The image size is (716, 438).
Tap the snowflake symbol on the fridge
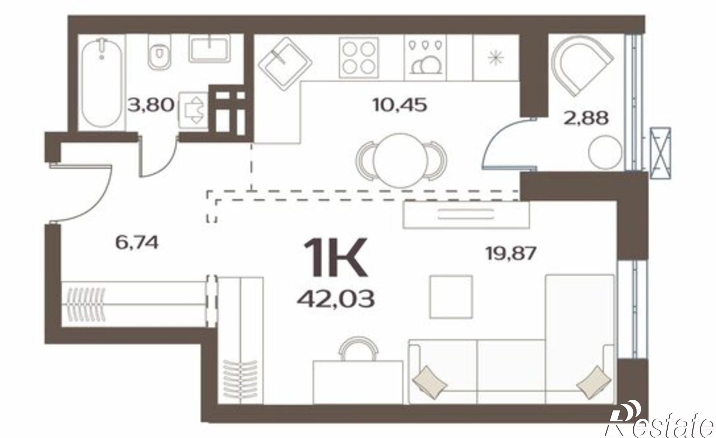pos(496,58)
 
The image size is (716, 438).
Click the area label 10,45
pos(400,105)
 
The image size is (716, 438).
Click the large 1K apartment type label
pos(335,257)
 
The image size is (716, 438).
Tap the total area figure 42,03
pos(335,299)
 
